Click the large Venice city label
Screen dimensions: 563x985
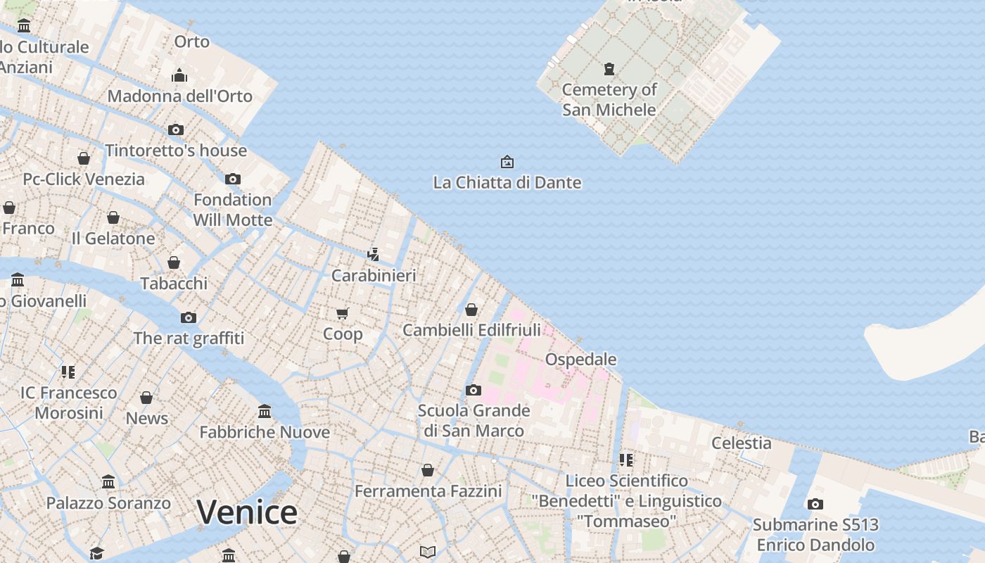point(246,512)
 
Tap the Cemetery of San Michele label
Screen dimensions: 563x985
point(609,99)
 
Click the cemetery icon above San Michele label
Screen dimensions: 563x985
point(609,69)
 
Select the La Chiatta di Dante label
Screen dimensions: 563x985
point(507,183)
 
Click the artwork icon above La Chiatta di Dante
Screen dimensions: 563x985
point(507,163)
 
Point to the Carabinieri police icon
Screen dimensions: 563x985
point(374,254)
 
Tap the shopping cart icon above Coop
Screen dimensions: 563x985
point(343,313)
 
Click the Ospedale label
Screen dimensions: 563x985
point(581,360)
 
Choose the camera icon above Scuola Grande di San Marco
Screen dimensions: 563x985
point(474,390)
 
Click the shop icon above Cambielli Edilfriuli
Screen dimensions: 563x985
point(471,309)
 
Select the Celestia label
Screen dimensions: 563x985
point(742,443)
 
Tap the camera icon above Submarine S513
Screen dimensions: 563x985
point(815,504)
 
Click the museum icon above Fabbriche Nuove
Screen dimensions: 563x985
point(265,411)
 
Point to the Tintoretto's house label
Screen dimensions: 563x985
point(176,151)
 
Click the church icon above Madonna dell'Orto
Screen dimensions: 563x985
point(179,75)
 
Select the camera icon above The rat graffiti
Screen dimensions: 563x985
point(189,317)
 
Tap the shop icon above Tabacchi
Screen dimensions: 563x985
point(174,262)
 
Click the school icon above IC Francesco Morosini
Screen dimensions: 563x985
point(68,372)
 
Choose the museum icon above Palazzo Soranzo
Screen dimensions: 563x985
point(108,482)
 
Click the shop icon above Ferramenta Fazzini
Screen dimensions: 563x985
point(428,470)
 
